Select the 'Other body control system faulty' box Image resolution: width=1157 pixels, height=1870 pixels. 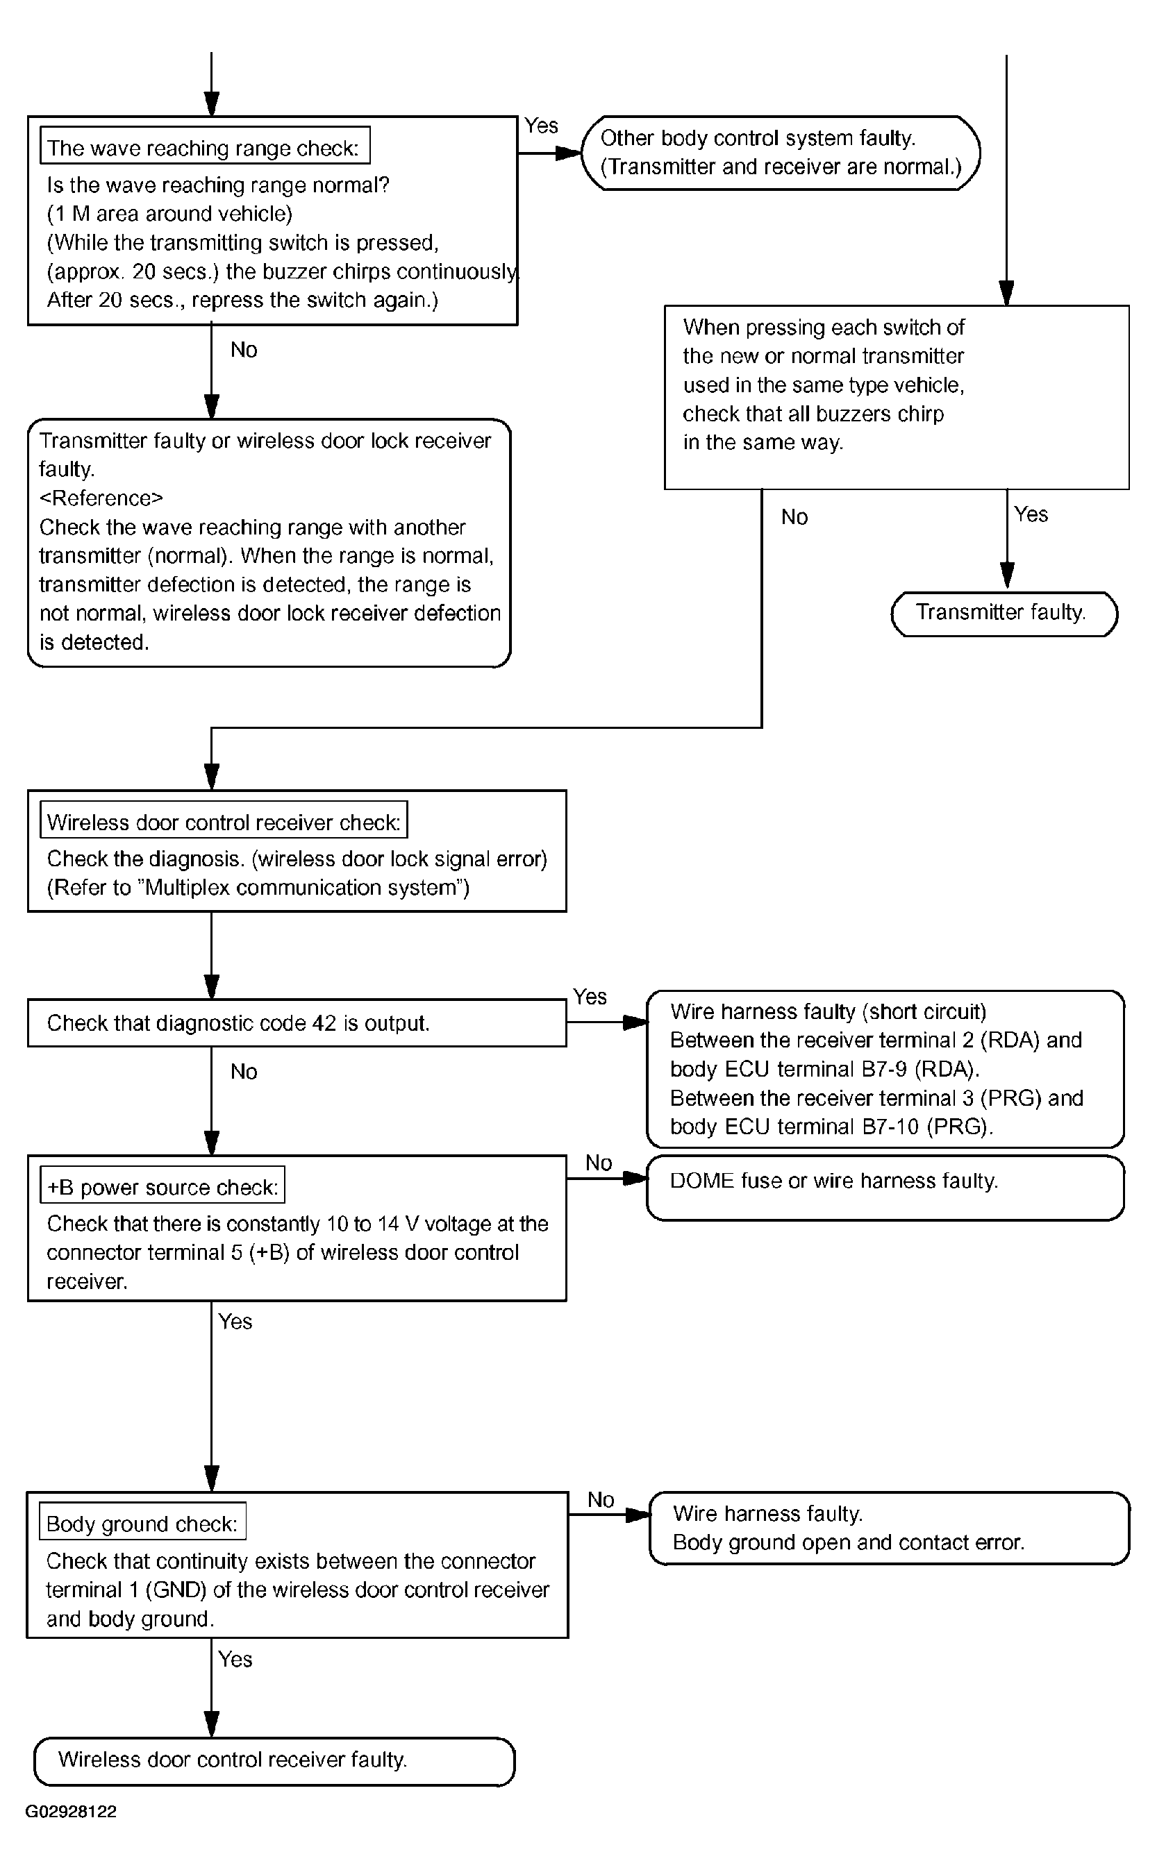coord(781,153)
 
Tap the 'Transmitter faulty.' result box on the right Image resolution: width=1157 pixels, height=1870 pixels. coord(1004,614)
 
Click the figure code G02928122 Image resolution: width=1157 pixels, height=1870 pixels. coord(71,1811)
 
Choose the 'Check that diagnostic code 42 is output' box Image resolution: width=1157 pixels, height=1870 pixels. coord(297,1022)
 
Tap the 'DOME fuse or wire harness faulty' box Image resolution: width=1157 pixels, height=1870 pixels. coord(885,1188)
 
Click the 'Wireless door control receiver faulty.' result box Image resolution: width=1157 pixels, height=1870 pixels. coord(274,1760)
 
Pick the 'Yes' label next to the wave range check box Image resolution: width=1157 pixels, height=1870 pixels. coord(541,126)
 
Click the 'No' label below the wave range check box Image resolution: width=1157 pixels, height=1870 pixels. coord(244,351)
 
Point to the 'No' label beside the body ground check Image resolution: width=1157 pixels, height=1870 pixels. coord(601,1500)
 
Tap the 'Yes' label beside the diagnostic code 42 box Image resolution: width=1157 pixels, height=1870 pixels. coord(590,997)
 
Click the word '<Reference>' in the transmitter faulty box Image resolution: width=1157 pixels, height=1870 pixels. coord(101,498)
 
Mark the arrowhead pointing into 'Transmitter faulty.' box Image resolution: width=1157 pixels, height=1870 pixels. coord(1007,576)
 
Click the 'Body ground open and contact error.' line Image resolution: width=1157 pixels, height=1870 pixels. coord(848,1542)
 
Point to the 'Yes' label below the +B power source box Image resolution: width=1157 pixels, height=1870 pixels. coord(235,1322)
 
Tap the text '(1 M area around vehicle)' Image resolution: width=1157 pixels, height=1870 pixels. coord(170,213)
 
